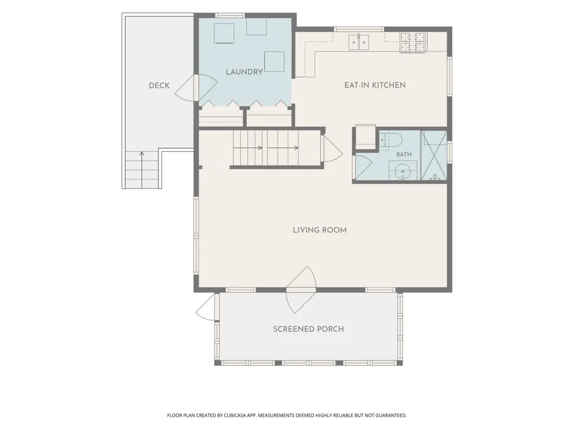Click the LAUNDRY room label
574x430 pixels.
click(x=244, y=72)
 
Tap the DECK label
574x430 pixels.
click(x=159, y=85)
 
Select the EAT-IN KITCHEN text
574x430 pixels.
click(x=375, y=85)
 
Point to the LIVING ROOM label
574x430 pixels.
click(x=320, y=230)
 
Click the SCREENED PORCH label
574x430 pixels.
click(x=309, y=329)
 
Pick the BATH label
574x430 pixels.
click(x=404, y=155)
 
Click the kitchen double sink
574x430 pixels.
click(x=358, y=42)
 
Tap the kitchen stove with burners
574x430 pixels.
click(x=413, y=43)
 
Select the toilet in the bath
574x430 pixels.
click(x=390, y=141)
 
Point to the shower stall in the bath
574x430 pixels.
click(x=434, y=155)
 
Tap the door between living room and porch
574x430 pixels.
click(x=301, y=290)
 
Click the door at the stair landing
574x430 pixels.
click(x=331, y=149)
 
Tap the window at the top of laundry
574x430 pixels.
click(x=230, y=15)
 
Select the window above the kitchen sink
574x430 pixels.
click(x=359, y=29)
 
